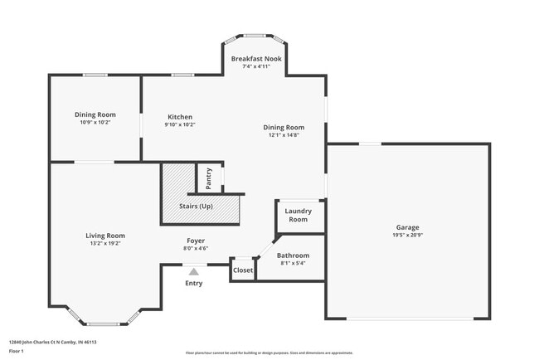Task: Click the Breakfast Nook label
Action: pos(256,60)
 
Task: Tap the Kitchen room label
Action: pos(180,117)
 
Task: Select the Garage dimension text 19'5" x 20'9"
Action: pos(406,235)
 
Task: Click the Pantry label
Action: pos(208,178)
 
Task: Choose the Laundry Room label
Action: pos(298,215)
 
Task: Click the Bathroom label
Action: pos(293,255)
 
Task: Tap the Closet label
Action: pos(242,270)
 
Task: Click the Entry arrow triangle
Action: pos(194,270)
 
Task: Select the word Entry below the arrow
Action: pos(194,283)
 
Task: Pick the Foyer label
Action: pos(196,240)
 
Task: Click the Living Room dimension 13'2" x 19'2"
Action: pos(104,244)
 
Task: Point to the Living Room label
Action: pos(104,236)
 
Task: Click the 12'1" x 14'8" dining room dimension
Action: pos(284,135)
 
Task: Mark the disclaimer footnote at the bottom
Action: pos(269,353)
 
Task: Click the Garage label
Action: pos(406,226)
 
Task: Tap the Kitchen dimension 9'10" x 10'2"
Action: pos(180,125)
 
